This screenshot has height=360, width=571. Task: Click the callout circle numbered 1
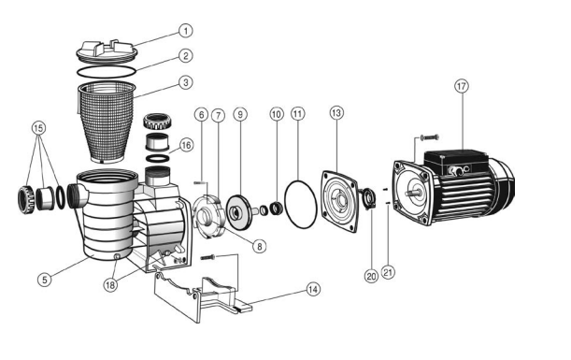pos(186,31)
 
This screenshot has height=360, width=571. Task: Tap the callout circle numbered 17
pos(462,86)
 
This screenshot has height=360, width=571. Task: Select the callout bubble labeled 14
pos(312,289)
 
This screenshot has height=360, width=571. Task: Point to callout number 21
pos(388,272)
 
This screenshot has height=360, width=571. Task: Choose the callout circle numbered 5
pos(45,280)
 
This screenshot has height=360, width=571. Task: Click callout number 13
pos(336,112)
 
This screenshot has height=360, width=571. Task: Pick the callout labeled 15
pos(38,128)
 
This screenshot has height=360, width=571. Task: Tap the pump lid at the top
pos(107,50)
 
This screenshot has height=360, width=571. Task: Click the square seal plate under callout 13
pos(339,201)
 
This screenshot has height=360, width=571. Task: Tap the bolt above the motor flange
pos(430,137)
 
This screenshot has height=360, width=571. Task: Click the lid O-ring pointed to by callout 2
pos(107,72)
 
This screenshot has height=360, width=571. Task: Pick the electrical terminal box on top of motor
pos(455,162)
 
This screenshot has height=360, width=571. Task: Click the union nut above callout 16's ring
pos(157,122)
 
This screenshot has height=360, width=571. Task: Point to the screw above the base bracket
pos(208,258)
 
